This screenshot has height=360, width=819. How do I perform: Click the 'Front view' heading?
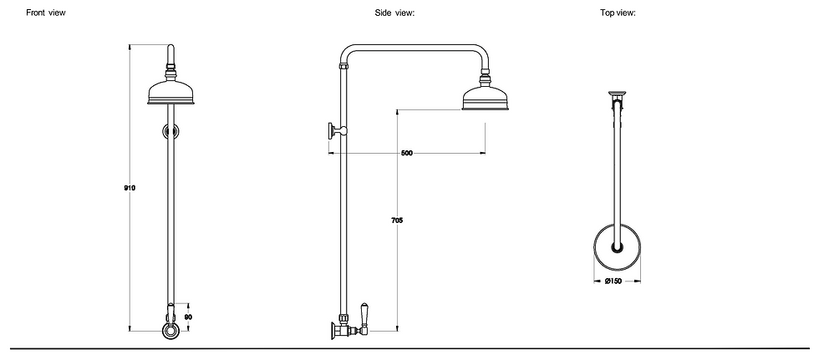coord(46,13)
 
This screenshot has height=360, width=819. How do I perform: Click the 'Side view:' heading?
coord(395,13)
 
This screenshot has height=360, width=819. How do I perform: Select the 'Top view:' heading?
coord(618,13)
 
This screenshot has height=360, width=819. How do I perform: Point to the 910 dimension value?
coord(130,188)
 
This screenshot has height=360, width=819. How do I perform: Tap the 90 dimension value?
coord(188,318)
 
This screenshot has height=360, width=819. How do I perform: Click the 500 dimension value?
coord(407,154)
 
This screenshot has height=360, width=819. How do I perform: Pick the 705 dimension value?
coord(397,221)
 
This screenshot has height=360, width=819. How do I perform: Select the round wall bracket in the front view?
coord(171,131)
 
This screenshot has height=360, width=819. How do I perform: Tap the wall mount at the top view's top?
coord(618,94)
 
